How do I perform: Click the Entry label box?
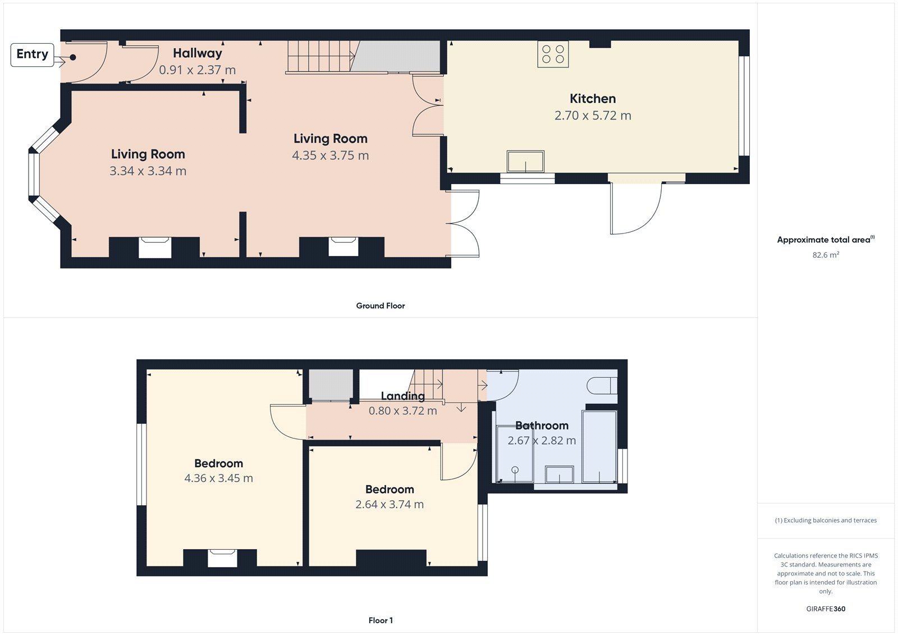[x=32, y=54]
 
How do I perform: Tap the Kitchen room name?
[x=593, y=99]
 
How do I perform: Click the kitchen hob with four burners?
[x=553, y=54]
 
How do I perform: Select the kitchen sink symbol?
[x=525, y=162]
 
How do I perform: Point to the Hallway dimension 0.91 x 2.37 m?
[x=197, y=70]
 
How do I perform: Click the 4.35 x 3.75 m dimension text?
[x=330, y=156]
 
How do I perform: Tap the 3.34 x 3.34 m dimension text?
[x=148, y=171]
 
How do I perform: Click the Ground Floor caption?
[x=380, y=306]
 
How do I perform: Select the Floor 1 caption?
[x=381, y=620]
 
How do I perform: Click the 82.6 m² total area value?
[x=826, y=255]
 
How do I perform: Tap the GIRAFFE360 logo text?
[x=826, y=609]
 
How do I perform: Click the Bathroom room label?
[x=542, y=426]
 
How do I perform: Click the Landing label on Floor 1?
[x=402, y=396]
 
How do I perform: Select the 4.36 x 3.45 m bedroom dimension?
[x=218, y=478]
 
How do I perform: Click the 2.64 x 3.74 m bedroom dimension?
[x=390, y=505]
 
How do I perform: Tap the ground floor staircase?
[x=320, y=56]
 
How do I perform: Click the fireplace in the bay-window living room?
[x=154, y=247]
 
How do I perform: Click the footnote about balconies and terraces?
[x=826, y=520]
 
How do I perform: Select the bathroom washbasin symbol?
[x=560, y=474]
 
